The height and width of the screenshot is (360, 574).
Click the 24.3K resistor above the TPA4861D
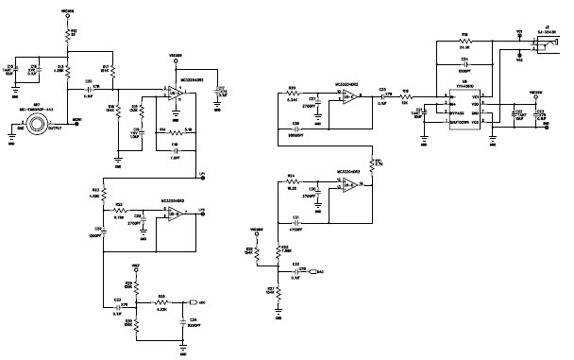click(x=465, y=42)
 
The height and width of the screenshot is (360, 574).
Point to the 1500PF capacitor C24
click(x=465, y=62)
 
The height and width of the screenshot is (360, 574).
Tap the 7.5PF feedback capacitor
click(x=175, y=148)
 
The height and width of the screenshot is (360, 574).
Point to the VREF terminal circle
click(x=136, y=267)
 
